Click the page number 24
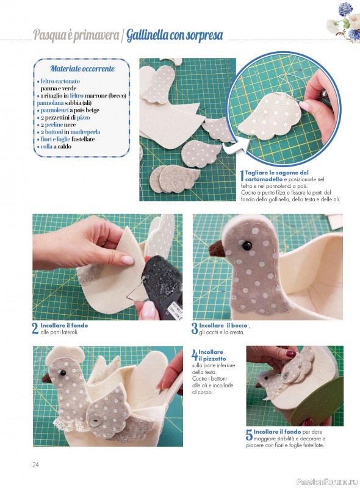pyautogui.click(x=35, y=465)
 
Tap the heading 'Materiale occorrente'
pyautogui.click(x=82, y=68)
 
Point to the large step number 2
pyautogui.click(x=35, y=329)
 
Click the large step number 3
pyautogui.click(x=195, y=329)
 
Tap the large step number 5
pyautogui.click(x=249, y=435)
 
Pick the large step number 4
pyautogui.click(x=194, y=354)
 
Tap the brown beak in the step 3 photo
pyautogui.click(x=217, y=249)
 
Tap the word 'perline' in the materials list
pyautogui.click(x=54, y=125)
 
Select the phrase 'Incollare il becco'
pyautogui.click(x=223, y=326)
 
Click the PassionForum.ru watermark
pyautogui.click(x=327, y=482)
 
